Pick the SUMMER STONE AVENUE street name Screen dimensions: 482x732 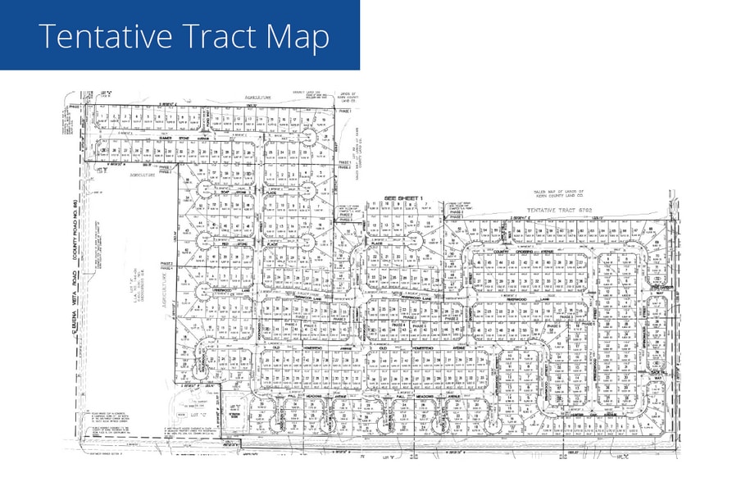176,138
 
